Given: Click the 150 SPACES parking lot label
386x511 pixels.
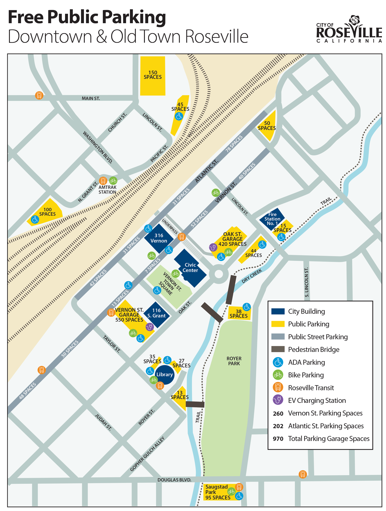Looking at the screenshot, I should pyautogui.click(x=153, y=75).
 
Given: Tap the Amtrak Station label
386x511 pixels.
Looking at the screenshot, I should pyautogui.click(x=108, y=190).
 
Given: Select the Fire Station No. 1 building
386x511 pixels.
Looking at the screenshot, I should pyautogui.click(x=272, y=219).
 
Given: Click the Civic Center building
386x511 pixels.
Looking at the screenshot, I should pyautogui.click(x=190, y=268).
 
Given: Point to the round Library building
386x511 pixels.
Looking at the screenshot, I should pyautogui.click(x=164, y=375).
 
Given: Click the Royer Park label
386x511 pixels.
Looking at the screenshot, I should pyautogui.click(x=234, y=361).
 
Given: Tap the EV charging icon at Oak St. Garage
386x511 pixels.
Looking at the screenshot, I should pyautogui.click(x=213, y=247).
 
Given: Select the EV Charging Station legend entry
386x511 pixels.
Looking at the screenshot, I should pyautogui.click(x=317, y=400).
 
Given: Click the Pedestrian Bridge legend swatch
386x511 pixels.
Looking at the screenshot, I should pyautogui.click(x=278, y=349).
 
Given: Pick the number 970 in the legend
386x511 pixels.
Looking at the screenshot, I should pyautogui.click(x=278, y=439).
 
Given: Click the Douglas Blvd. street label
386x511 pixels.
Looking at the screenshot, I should pyautogui.click(x=174, y=480).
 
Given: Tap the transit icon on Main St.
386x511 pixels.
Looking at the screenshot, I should pyautogui.click(x=39, y=96).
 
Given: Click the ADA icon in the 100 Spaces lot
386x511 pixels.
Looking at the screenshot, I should pyautogui.click(x=35, y=219).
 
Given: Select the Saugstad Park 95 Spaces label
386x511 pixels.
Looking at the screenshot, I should pyautogui.click(x=217, y=492).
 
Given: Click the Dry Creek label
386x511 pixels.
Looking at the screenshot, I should pyautogui.click(x=252, y=276).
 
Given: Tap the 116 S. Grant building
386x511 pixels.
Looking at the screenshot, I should pyautogui.click(x=156, y=313).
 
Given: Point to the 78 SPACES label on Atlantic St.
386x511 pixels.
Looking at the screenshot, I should pyautogui.click(x=234, y=144).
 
